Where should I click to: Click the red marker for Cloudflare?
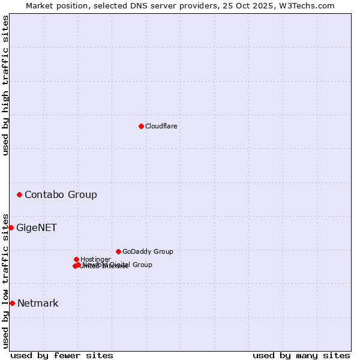pos(141,126)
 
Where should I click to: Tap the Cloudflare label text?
pos(161,126)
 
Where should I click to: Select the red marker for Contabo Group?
pos(20,194)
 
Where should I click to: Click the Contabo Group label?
pos(61,194)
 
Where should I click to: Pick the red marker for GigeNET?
pos(11,227)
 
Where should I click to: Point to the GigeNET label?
pos(37,227)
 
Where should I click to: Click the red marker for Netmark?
pos(12,303)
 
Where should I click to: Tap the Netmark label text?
pos(38,303)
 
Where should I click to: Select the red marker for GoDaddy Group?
pos(118,251)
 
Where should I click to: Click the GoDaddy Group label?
pos(148,251)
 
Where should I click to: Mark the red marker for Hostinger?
pos(76,259)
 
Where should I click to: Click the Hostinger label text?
pos(95,259)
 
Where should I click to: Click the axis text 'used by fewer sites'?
pos(62,355)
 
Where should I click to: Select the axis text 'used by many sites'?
pos(301,355)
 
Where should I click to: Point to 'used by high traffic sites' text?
pos(6,85)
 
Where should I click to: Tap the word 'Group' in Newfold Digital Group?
pos(142,265)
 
